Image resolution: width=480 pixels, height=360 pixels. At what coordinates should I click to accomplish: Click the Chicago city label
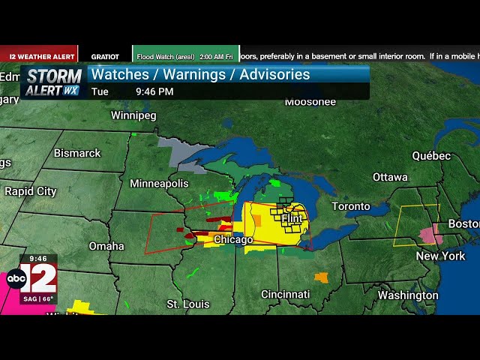(233, 240)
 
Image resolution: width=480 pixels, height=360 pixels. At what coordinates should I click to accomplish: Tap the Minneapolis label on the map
(159, 184)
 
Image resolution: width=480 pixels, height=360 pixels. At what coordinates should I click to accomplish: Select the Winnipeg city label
(133, 115)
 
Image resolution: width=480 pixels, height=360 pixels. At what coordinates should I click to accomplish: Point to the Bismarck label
(76, 153)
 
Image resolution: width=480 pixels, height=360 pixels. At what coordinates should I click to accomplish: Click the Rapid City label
(30, 191)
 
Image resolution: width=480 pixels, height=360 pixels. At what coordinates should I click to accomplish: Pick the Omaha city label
(106, 246)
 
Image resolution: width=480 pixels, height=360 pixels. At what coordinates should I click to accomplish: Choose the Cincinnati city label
(286, 294)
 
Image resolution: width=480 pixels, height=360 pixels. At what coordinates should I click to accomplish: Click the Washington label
(407, 295)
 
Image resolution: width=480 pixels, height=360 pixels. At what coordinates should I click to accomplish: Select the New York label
(441, 256)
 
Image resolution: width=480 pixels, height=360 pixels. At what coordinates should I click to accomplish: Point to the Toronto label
(351, 206)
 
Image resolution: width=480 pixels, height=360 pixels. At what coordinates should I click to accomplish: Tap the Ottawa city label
(390, 177)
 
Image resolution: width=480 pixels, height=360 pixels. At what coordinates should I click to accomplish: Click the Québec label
(431, 156)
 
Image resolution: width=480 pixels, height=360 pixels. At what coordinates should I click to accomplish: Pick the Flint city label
(292, 218)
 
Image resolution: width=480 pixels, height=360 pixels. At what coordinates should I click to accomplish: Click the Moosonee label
(310, 101)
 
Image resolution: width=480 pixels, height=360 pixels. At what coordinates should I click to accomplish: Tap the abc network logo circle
(16, 279)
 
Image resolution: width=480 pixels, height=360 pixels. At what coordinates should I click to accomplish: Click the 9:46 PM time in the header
(154, 91)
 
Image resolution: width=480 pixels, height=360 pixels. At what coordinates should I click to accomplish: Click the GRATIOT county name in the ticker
(105, 56)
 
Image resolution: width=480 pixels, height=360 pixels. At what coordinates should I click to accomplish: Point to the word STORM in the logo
(54, 76)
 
